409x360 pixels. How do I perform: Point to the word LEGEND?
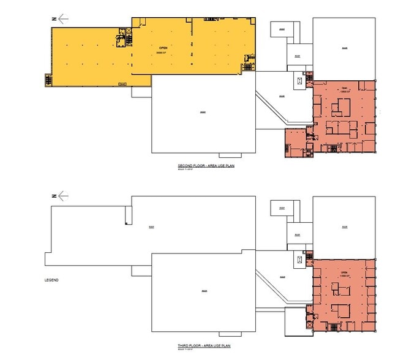(x=51, y=280)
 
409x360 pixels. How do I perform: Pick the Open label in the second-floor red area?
(x=343, y=87)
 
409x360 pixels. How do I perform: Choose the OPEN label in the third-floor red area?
(x=343, y=272)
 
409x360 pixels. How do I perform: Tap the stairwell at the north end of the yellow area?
(x=48, y=79)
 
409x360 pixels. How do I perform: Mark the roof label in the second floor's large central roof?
(x=202, y=113)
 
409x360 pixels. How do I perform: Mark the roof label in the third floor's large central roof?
(x=202, y=291)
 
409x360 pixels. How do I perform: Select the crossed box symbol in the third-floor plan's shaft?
(x=299, y=260)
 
